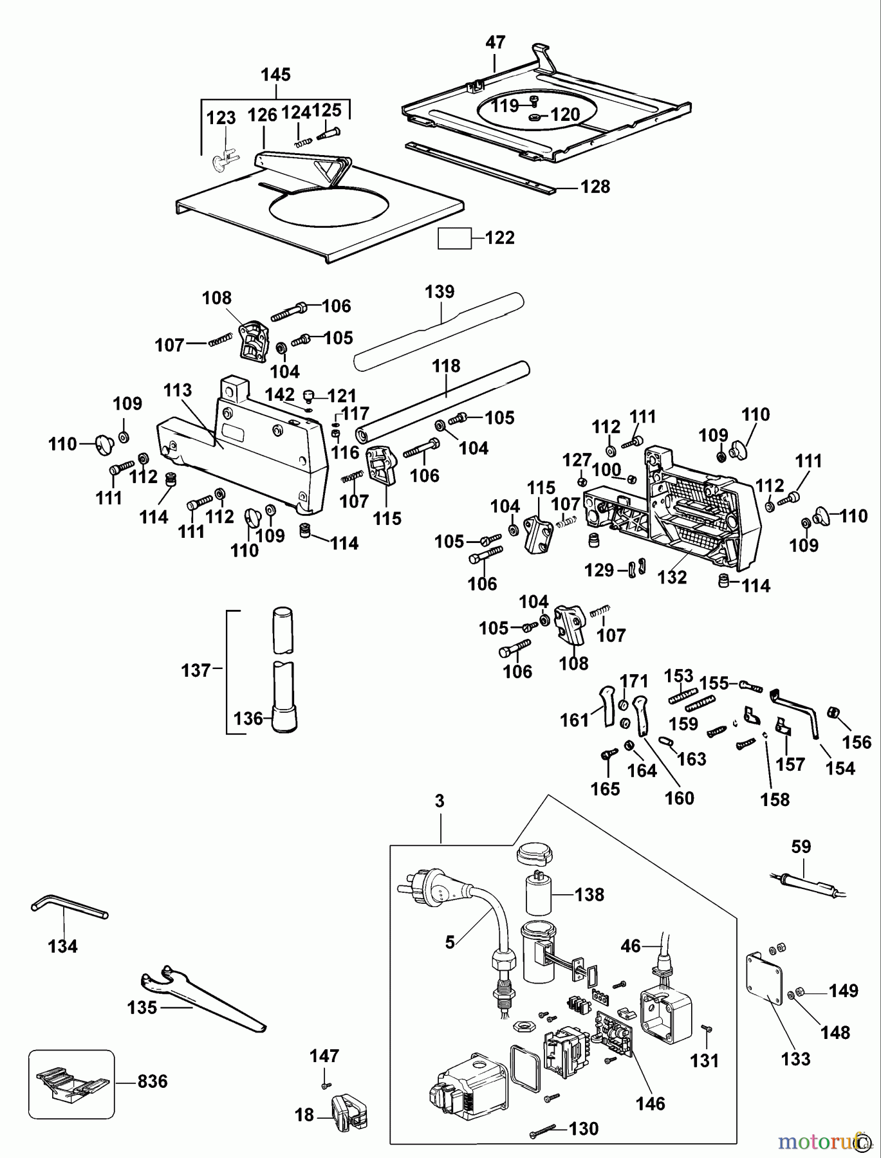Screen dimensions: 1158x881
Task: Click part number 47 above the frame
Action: (x=495, y=42)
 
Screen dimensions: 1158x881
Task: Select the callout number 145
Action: (x=275, y=75)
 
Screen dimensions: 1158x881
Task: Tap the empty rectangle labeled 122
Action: (x=454, y=238)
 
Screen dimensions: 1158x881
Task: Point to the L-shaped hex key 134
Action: (x=68, y=908)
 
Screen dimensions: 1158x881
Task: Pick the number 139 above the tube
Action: (x=440, y=291)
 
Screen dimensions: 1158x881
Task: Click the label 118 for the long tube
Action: (x=446, y=366)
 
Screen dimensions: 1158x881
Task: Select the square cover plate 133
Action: (x=766, y=982)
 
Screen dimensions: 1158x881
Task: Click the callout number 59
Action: (x=801, y=847)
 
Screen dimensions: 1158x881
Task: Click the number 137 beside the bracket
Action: (x=196, y=670)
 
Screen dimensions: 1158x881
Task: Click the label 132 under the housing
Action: (x=672, y=577)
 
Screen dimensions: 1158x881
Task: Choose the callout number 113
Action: (x=178, y=391)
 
